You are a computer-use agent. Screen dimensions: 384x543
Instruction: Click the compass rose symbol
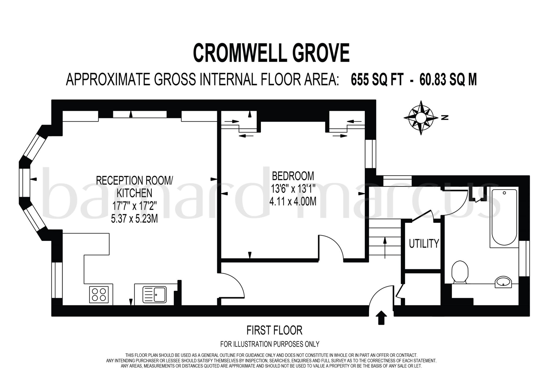421,117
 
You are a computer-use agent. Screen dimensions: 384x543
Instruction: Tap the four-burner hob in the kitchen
99,295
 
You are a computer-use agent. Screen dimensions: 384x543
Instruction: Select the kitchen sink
155,295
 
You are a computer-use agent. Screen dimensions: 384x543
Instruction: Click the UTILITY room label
424,244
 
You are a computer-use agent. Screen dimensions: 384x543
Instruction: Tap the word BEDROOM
293,176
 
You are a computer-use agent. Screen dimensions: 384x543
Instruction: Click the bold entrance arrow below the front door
381,318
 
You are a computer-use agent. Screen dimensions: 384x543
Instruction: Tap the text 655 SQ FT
377,79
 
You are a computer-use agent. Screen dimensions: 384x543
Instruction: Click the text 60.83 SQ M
448,79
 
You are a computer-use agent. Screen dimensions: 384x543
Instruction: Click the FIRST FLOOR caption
274,330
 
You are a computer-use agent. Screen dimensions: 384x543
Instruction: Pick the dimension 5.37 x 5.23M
134,219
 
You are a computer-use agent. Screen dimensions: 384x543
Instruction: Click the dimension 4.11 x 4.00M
293,202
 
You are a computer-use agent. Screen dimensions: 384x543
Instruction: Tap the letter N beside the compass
444,117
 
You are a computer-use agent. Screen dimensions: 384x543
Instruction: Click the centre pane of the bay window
25,180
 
